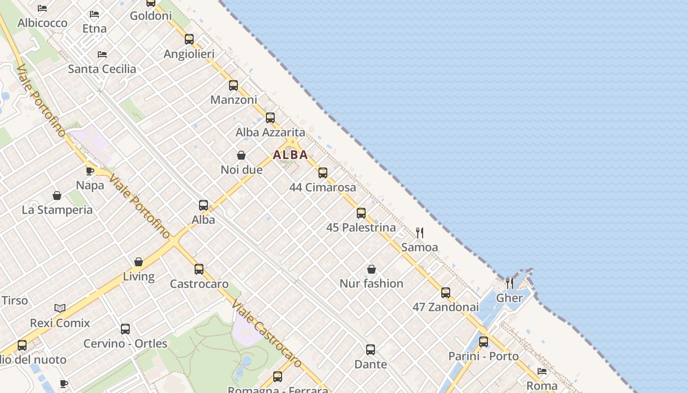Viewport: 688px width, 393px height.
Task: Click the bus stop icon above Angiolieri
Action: tap(189, 39)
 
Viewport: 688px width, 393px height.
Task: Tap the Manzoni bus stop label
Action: tap(233, 100)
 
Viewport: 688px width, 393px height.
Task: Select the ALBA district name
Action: tap(290, 155)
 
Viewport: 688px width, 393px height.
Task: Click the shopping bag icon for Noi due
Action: tap(241, 155)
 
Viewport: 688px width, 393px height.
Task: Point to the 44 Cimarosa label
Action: tap(322, 187)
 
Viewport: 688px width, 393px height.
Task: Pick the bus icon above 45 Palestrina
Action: tap(361, 213)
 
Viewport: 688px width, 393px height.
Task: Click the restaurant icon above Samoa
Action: tap(420, 232)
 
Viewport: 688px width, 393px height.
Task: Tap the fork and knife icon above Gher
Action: tap(510, 283)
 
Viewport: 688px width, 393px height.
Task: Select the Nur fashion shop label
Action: tap(371, 283)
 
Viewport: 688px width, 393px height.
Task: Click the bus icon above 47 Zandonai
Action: tap(446, 293)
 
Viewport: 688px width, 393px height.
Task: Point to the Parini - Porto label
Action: tap(483, 356)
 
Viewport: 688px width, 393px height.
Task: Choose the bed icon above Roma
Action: tap(542, 371)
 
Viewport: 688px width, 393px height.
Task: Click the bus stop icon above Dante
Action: tap(371, 350)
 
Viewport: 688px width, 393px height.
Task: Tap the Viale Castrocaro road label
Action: tap(266, 334)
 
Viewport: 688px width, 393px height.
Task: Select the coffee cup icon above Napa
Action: tap(90, 171)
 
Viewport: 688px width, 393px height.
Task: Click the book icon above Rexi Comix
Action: tap(60, 308)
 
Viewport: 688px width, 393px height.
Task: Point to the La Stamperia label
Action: tap(57, 210)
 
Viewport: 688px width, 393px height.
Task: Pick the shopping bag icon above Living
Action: tap(139, 262)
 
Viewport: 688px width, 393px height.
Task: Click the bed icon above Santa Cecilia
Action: tap(102, 54)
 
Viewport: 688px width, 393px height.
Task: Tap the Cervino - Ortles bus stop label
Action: tap(125, 343)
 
